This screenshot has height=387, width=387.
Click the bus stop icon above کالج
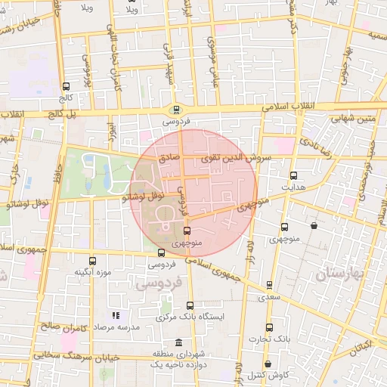[66, 86]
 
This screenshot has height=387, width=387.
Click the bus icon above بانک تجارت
[270, 327]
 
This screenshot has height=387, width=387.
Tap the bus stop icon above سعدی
[270, 285]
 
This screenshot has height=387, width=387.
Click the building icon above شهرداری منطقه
[178, 342]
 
